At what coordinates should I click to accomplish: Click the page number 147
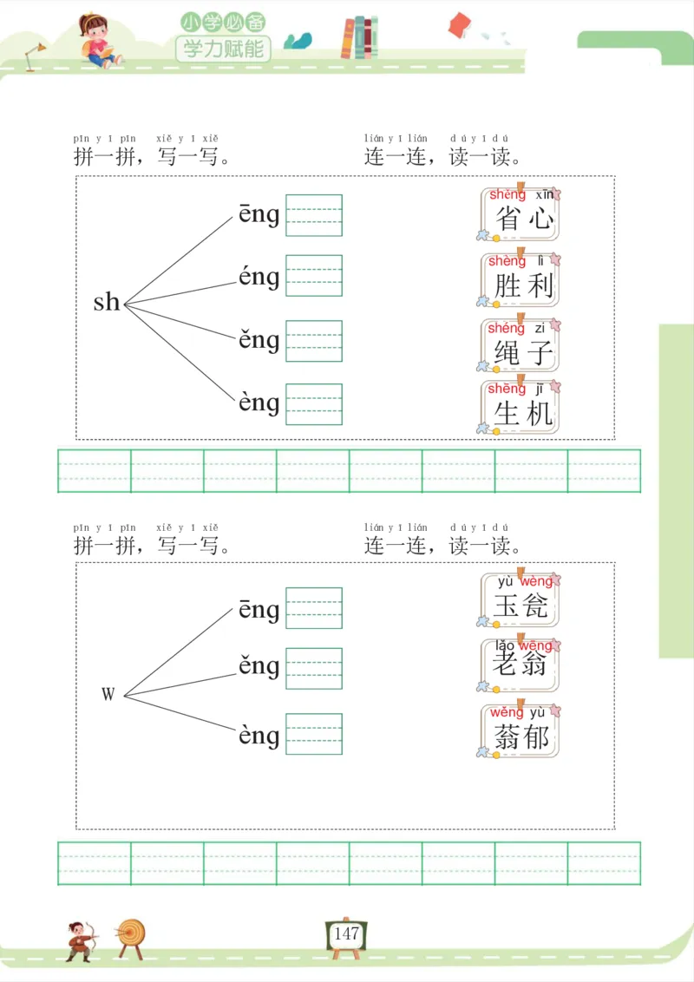pyautogui.click(x=346, y=934)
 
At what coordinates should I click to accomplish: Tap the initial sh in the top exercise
pyautogui.click(x=107, y=302)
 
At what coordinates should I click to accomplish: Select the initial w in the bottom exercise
pyautogui.click(x=108, y=694)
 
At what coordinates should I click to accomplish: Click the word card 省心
pyautogui.click(x=520, y=214)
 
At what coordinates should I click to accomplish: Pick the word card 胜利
pyautogui.click(x=520, y=280)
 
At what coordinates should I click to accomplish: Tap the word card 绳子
pyautogui.click(x=520, y=346)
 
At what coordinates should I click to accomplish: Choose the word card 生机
pyautogui.click(x=520, y=408)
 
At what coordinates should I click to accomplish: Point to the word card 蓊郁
pyautogui.click(x=520, y=731)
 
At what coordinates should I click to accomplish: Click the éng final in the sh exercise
pyautogui.click(x=259, y=278)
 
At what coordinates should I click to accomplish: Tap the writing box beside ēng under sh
pyautogui.click(x=314, y=215)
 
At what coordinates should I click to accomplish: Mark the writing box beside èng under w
pyautogui.click(x=314, y=734)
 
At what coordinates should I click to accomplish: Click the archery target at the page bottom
pyautogui.click(x=132, y=935)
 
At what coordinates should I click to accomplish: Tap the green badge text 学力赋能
pyautogui.click(x=223, y=49)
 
